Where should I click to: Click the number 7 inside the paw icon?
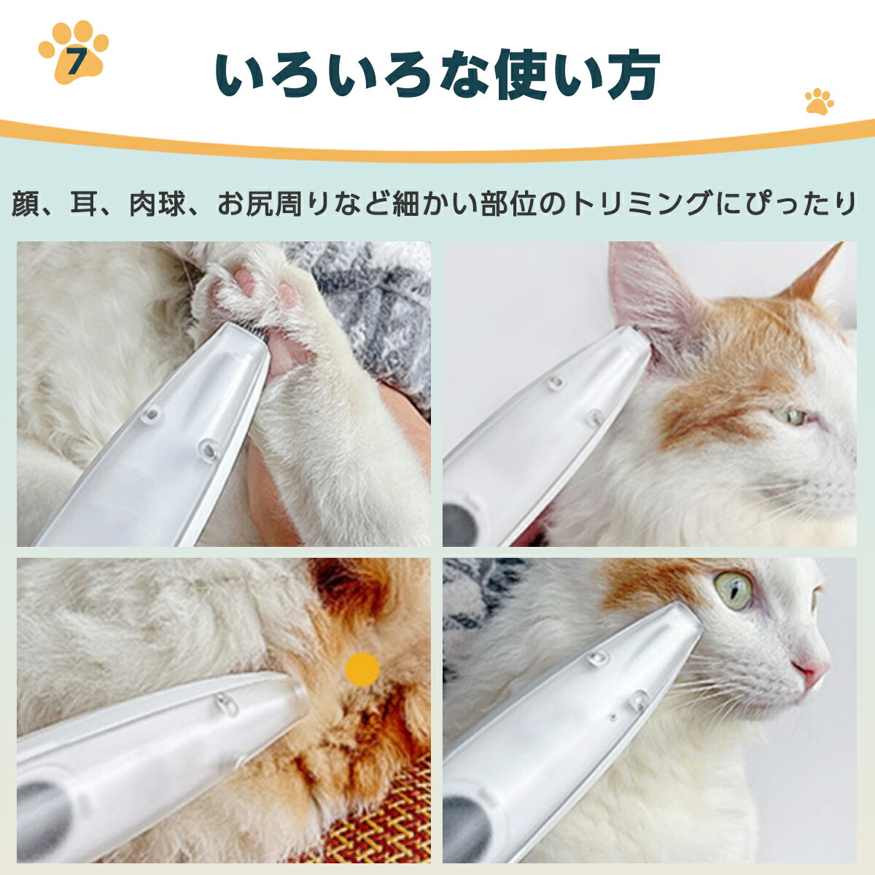point(74,61)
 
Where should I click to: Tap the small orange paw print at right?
point(819,101)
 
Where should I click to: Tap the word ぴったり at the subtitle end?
point(799,204)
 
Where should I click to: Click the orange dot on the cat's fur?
point(362,669)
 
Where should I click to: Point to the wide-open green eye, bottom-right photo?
point(733,589)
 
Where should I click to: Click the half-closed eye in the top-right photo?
point(791,417)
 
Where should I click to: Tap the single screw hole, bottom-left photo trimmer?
point(224,704)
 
